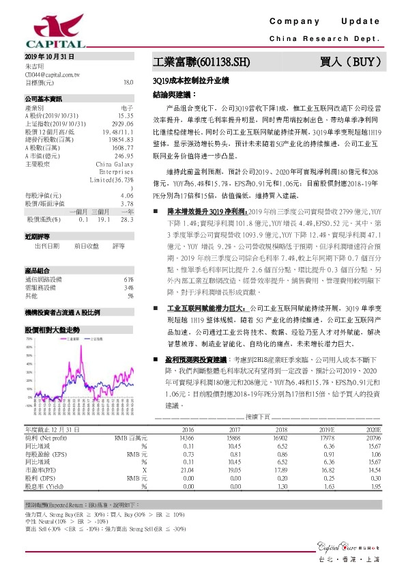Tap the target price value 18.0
click(x=128, y=82)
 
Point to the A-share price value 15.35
click(x=126, y=115)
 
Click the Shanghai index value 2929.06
click(x=122, y=123)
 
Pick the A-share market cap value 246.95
click(x=124, y=156)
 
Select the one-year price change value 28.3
click(x=126, y=219)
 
